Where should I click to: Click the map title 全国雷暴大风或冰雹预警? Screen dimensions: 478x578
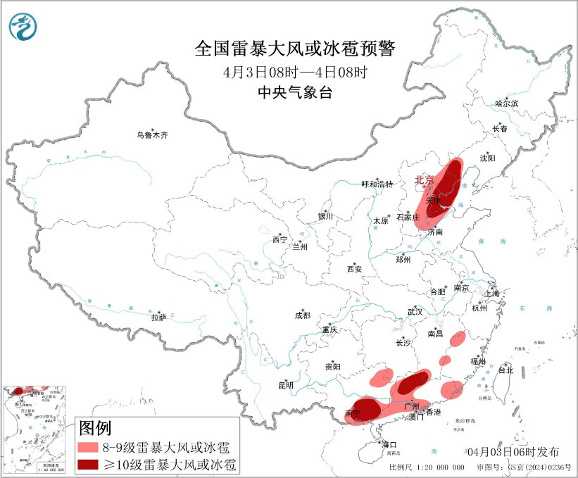[296, 49]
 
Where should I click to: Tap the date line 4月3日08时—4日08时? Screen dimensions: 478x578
[295, 72]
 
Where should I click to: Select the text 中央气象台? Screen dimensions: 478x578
[295, 92]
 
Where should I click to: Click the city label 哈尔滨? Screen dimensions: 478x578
[506, 103]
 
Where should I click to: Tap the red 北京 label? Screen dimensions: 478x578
[425, 180]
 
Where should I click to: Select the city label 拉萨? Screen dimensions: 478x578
[158, 317]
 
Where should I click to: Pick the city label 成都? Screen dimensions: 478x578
[303, 316]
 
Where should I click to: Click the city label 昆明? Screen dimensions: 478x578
[286, 385]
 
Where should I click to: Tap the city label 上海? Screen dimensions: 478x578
[492, 293]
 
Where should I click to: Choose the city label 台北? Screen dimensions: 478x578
[505, 370]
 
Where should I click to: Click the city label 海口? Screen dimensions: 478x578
[389, 444]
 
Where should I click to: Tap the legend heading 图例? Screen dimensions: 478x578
[95, 427]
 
